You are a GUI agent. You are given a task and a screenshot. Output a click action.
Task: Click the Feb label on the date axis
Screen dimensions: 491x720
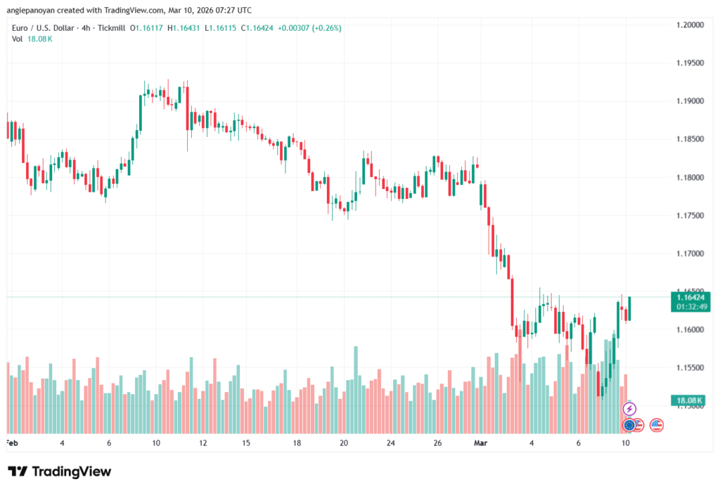11,443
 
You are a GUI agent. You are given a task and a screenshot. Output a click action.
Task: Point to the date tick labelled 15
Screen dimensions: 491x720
247,443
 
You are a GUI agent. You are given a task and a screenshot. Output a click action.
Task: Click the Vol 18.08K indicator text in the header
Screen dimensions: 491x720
32,39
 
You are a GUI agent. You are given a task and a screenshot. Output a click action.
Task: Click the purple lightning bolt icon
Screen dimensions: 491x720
629,409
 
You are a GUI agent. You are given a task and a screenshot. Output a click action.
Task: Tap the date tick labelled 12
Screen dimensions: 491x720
202,443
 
